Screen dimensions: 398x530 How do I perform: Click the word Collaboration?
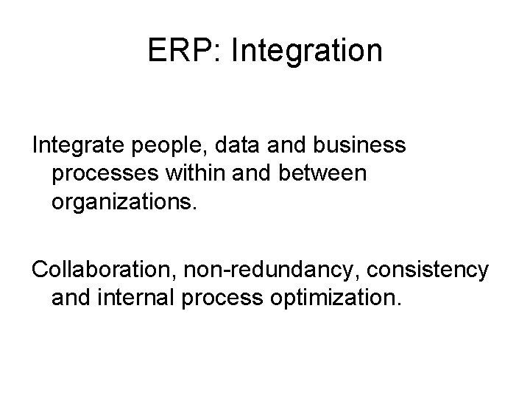pos(94,270)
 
